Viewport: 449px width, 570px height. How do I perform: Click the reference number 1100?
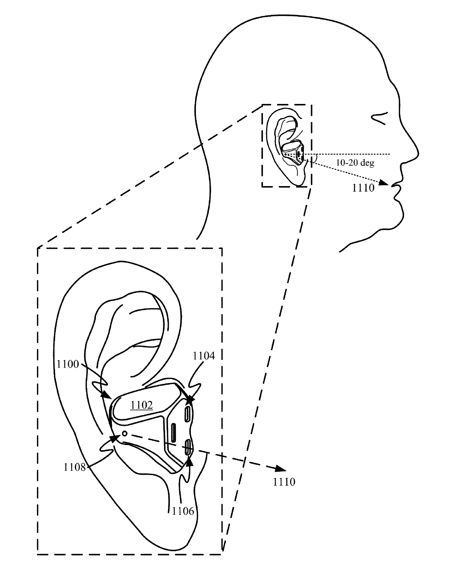[x=68, y=364]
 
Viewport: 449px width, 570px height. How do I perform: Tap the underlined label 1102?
[x=142, y=405]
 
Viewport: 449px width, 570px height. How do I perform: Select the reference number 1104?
[x=203, y=356]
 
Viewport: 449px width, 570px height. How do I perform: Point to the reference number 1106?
[x=183, y=511]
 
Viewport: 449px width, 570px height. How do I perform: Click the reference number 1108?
[x=75, y=467]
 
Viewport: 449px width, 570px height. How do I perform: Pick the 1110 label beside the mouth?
[x=363, y=188]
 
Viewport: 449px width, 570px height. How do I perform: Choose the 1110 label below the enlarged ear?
[x=284, y=482]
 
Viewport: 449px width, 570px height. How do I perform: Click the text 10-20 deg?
[x=355, y=163]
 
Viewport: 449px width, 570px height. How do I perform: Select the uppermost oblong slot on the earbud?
[x=188, y=413]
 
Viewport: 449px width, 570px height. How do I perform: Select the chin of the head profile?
[x=400, y=217]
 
